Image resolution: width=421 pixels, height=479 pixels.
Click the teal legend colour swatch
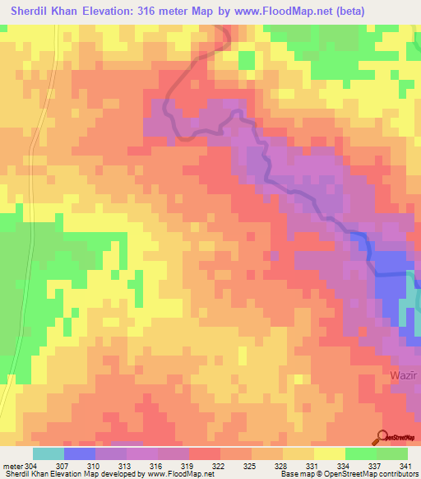(x=48, y=453)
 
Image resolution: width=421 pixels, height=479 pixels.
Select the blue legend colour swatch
(x=79, y=453)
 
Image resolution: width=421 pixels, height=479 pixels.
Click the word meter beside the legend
(x=12, y=466)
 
